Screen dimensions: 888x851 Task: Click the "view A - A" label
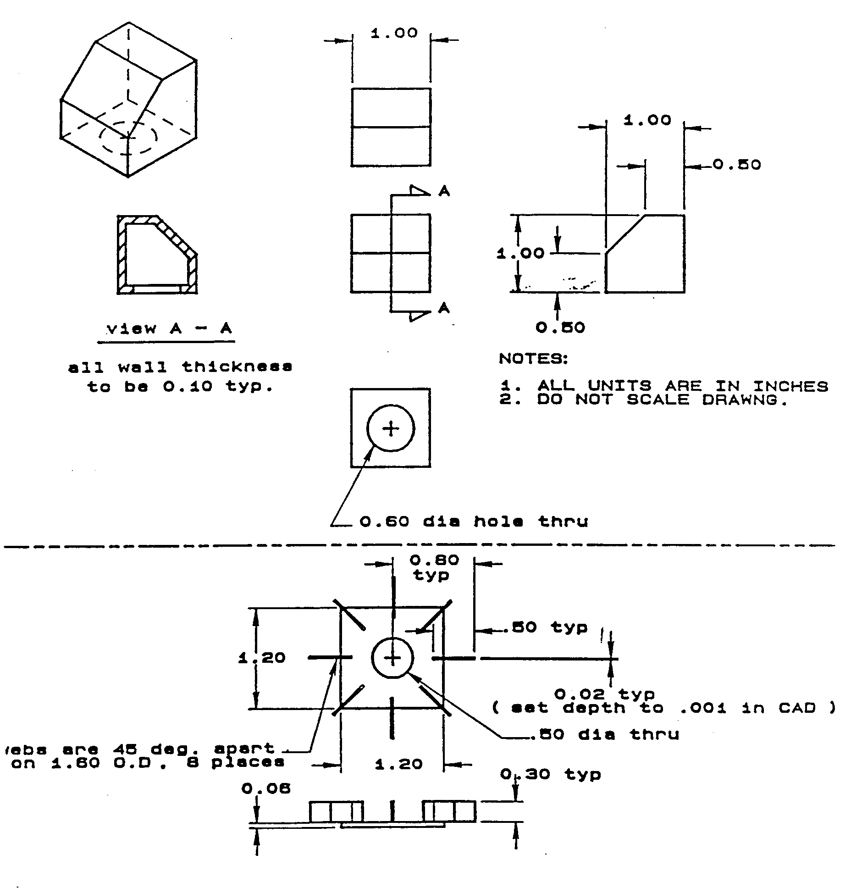(x=169, y=329)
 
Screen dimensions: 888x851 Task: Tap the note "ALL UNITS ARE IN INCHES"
(x=683, y=386)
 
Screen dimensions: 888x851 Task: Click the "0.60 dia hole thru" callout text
(x=473, y=522)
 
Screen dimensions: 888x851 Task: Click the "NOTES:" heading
(x=533, y=359)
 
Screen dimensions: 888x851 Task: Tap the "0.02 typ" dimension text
(x=604, y=694)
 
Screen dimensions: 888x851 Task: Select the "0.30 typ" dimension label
(x=550, y=774)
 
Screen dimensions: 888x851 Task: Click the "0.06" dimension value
(x=266, y=788)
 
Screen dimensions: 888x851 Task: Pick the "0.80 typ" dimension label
(x=434, y=567)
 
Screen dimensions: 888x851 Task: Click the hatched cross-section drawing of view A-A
(x=157, y=255)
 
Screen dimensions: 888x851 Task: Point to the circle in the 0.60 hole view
(x=391, y=428)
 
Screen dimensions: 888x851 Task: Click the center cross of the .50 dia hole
(x=392, y=658)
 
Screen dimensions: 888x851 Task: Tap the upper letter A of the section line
(x=444, y=191)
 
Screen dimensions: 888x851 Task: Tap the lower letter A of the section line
(x=444, y=308)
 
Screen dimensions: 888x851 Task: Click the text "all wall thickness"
(x=180, y=367)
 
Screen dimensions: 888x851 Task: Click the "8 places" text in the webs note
(x=248, y=762)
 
